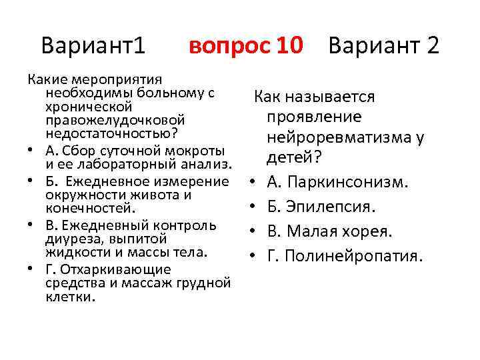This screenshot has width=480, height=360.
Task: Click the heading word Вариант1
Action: [x=93, y=46]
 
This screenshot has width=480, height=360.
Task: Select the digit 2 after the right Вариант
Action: [x=432, y=46]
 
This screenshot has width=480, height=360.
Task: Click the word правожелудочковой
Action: [x=115, y=121]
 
